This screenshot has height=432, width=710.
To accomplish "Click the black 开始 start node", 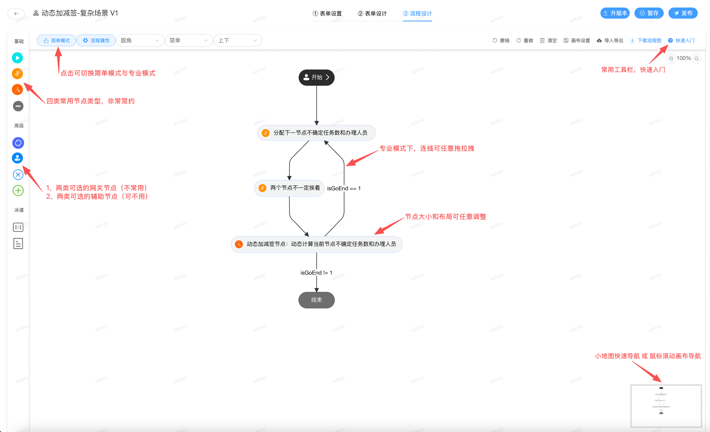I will pyautogui.click(x=316, y=77).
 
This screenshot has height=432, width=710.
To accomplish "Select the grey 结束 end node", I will pyautogui.click(x=316, y=300).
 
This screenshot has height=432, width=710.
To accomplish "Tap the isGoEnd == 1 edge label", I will pyautogui.click(x=344, y=188).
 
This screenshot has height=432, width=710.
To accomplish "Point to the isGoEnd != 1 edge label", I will pyautogui.click(x=316, y=272).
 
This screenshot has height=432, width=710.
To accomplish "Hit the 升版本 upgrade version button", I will pyautogui.click(x=615, y=13).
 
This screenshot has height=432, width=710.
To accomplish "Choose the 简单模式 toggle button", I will pyautogui.click(x=57, y=40).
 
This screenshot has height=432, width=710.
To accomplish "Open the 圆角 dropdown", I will pyautogui.click(x=140, y=40).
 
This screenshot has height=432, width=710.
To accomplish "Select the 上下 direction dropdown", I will pyautogui.click(x=238, y=40).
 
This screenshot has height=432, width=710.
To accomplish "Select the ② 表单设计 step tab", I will pyautogui.click(x=372, y=13).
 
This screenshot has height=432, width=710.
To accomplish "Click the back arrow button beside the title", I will pyautogui.click(x=16, y=13).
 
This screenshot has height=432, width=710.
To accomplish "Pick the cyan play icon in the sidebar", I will pyautogui.click(x=18, y=58).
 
